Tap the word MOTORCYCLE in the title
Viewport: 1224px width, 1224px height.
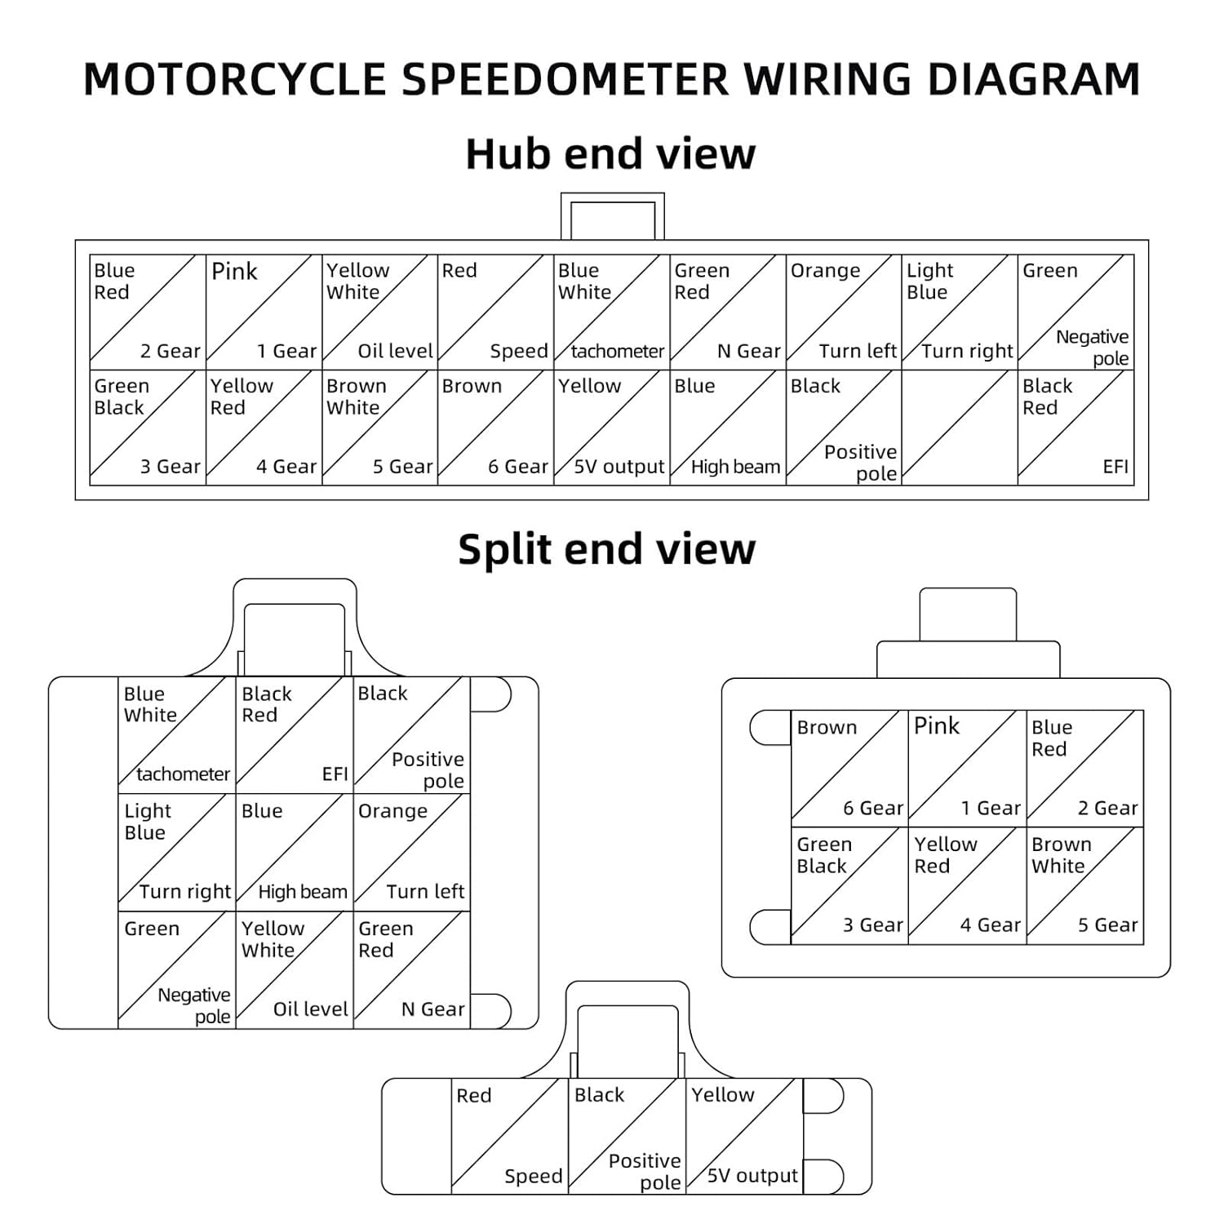click(x=235, y=79)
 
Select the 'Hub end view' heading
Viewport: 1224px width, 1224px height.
click(x=610, y=153)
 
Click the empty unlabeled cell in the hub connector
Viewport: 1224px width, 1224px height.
click(x=960, y=428)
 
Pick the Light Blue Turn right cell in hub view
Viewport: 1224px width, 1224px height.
click(x=960, y=311)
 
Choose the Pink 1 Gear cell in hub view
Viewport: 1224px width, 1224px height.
click(x=264, y=311)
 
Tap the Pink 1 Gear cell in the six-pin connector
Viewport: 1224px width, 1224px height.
click(x=967, y=767)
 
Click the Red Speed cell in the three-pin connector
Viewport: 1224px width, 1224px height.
click(x=510, y=1136)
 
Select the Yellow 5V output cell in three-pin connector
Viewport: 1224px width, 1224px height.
click(x=744, y=1136)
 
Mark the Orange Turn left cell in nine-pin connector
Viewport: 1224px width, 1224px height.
click(x=411, y=852)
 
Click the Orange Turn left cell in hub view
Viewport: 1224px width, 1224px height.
click(x=844, y=311)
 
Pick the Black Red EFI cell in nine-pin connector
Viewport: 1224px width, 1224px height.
click(x=294, y=734)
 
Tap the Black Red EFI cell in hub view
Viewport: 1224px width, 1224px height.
click(x=1075, y=428)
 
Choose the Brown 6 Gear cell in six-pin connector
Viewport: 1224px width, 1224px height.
click(x=849, y=767)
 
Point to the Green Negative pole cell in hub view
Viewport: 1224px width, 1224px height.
click(x=1075, y=311)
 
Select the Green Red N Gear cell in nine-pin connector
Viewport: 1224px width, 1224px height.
click(x=411, y=969)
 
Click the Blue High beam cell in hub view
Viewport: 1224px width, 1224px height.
click(x=728, y=428)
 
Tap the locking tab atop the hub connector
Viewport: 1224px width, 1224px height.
click(x=612, y=217)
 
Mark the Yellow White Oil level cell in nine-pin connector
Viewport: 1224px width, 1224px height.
click(x=294, y=969)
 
